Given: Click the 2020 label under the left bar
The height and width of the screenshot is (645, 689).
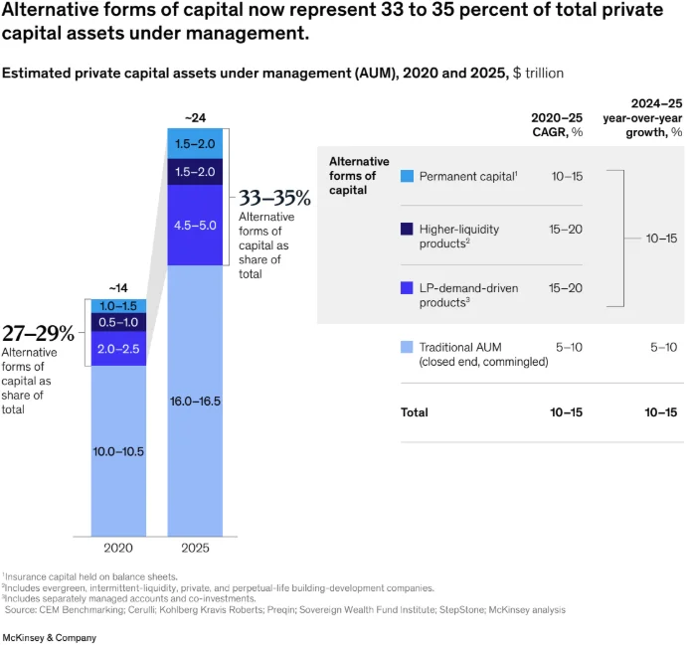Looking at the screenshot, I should (x=118, y=548).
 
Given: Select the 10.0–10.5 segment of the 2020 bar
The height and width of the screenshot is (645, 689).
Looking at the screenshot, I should (x=118, y=450).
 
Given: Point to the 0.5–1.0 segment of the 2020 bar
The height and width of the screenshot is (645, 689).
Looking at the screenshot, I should (x=118, y=322).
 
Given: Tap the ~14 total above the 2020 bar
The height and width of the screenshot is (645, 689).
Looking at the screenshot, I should (x=118, y=289).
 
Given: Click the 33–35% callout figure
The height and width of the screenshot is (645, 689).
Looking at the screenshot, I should (x=274, y=198).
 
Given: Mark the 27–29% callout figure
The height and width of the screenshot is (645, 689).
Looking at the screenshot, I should (x=38, y=334).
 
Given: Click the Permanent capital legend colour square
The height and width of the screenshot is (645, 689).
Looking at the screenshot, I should (x=407, y=176).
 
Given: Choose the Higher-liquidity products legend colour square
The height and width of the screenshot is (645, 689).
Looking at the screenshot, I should (x=407, y=230).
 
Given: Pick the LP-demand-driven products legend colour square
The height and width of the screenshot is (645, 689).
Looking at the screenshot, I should (x=407, y=288).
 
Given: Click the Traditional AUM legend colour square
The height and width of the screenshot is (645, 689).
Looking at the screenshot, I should (x=407, y=347).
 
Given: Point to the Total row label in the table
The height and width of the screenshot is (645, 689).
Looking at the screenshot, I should (x=414, y=411).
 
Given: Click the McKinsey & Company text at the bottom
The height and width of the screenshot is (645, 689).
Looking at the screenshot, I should (x=51, y=637).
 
